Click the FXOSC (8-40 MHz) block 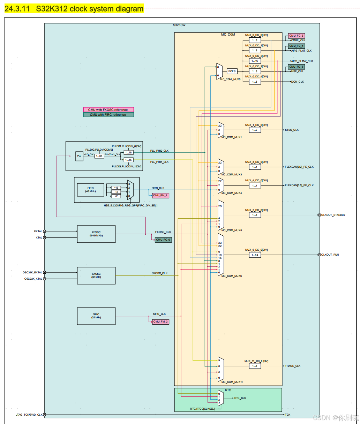pos(96,234)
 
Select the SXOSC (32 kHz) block pos(96,275)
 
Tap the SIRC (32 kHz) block pos(96,316)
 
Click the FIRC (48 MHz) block pos(91,190)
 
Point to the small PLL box pos(79,156)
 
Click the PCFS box pos(232,71)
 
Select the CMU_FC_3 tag pos(297,36)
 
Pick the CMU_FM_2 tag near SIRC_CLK pos(160,321)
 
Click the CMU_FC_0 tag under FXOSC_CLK pos(163,240)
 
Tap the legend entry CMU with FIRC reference pos(108,115)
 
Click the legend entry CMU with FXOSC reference pos(108,109)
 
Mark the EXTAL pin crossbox pos(44,231)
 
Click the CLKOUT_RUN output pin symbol pos(319,255)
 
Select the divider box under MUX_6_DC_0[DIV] pos(255,255)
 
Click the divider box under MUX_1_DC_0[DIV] pos(255,130)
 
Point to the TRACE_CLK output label pos(293,366)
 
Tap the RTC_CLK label pos(240,398)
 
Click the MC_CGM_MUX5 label pos(232,230)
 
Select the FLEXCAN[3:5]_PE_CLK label pos(299,185)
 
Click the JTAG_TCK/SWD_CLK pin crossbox pos(44,415)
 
